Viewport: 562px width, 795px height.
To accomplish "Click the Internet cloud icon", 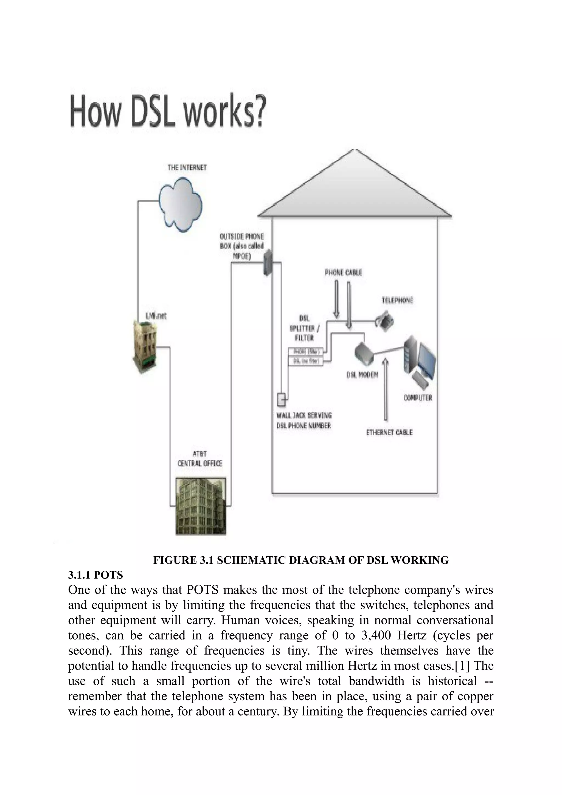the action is pyautogui.click(x=180, y=204).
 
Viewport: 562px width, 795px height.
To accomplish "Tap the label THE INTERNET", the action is pyautogui.click(x=187, y=168).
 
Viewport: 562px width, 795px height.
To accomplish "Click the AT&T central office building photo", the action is pyautogui.click(x=201, y=506).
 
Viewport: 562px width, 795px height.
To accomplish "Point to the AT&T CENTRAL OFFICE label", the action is pyautogui.click(x=200, y=458).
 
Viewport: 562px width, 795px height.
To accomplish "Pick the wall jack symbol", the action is pyautogui.click(x=281, y=400).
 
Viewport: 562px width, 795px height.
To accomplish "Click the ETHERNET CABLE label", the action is pyautogui.click(x=389, y=432).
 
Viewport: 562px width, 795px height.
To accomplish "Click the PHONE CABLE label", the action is pyautogui.click(x=343, y=273).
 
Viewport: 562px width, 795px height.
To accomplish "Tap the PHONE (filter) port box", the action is pyautogui.click(x=305, y=351).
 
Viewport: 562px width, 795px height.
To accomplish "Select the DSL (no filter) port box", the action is pyautogui.click(x=305, y=361).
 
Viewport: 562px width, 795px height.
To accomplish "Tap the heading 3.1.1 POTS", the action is pyautogui.click(x=95, y=575).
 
